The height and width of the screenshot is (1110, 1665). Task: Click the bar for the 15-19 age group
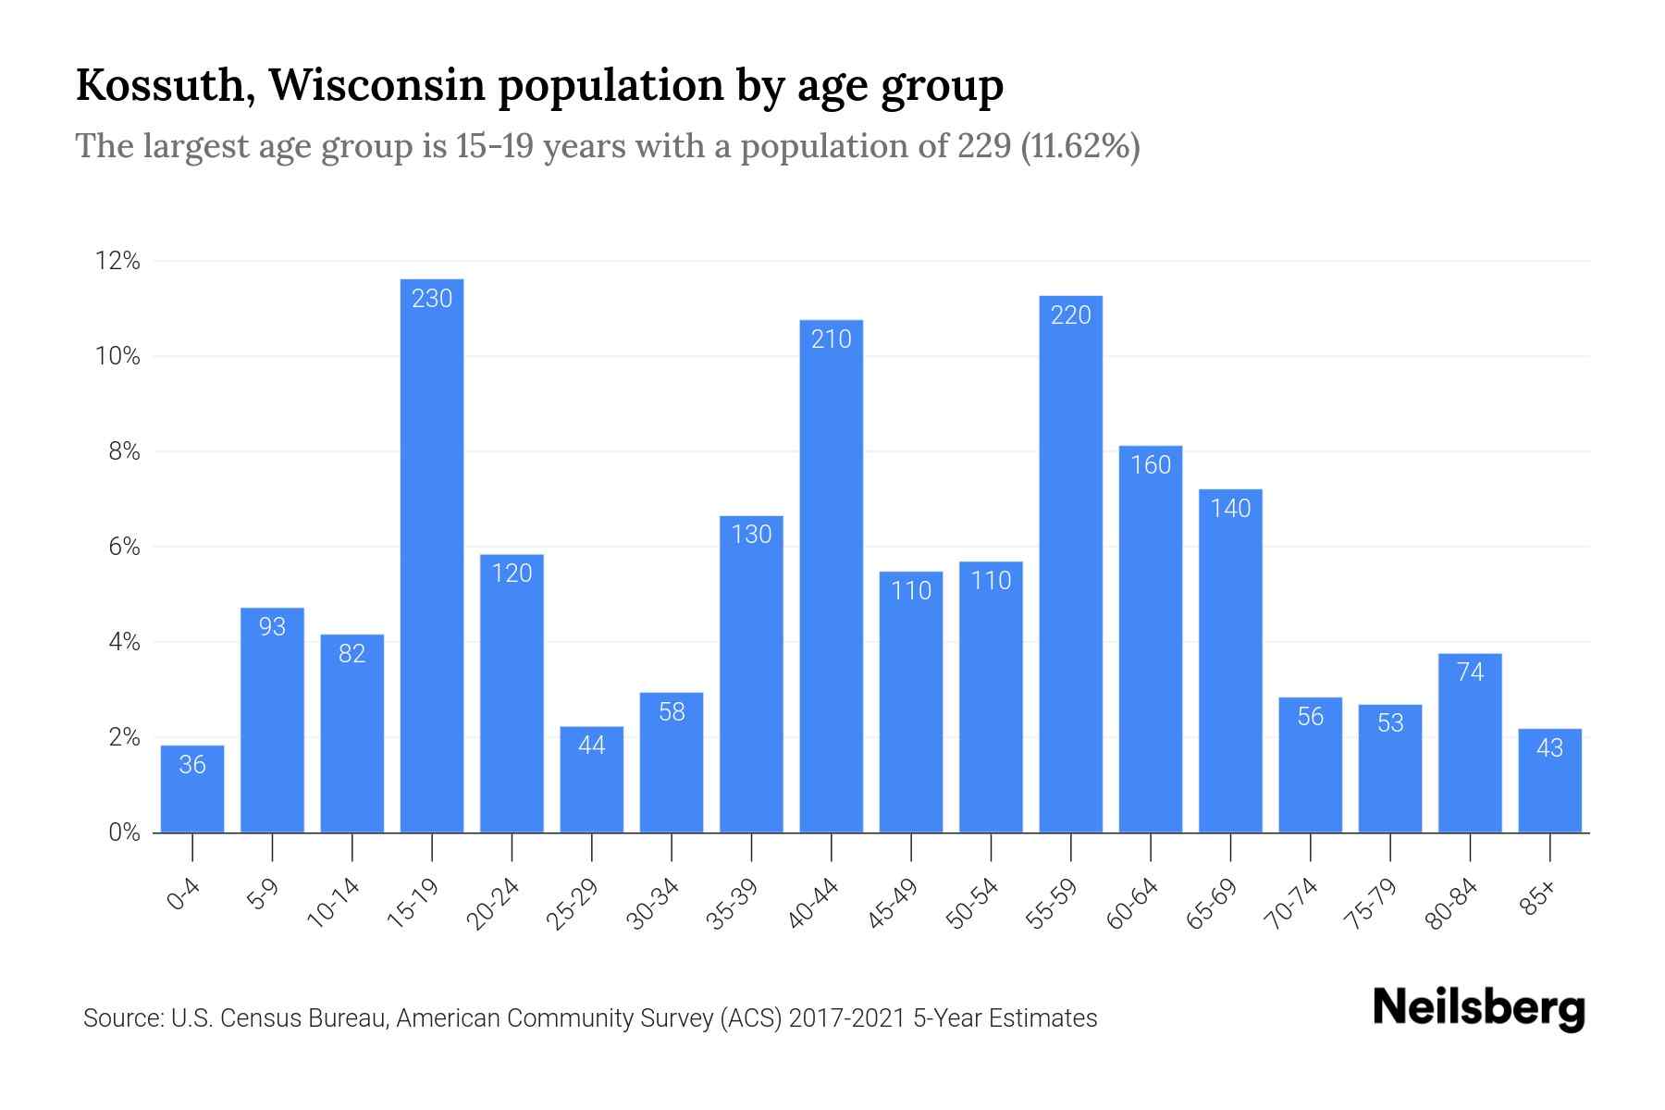tap(432, 555)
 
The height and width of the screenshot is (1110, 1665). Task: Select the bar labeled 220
tap(1070, 564)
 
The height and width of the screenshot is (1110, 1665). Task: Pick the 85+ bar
tap(1549, 781)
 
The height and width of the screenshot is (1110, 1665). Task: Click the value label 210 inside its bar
tap(831, 339)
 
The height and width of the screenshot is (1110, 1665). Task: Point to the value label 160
tap(1151, 464)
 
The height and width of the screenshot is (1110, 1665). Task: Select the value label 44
tap(591, 745)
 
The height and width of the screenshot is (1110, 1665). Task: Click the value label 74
tap(1470, 672)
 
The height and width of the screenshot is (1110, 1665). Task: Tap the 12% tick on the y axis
tap(117, 262)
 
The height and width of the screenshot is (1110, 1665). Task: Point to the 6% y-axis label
tap(124, 547)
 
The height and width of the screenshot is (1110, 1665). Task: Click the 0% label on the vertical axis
tap(124, 832)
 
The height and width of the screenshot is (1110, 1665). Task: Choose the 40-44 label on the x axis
tap(814, 904)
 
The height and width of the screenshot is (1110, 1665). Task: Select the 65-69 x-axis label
tap(1213, 904)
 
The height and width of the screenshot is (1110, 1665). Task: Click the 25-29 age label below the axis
tap(573, 904)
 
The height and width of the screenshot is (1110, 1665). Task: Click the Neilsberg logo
tap(1478, 1008)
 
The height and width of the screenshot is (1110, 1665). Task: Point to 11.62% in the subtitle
tap(1079, 146)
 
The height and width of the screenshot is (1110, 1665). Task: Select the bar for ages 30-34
tap(672, 762)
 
